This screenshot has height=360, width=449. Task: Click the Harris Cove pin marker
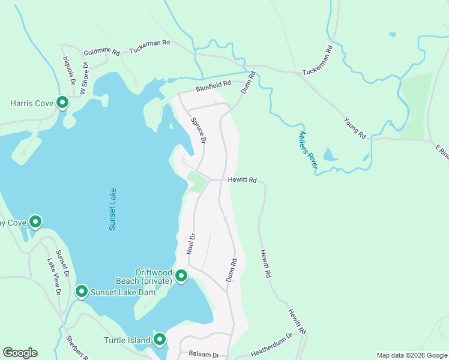(62, 103)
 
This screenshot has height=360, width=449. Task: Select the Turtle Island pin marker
(160, 340)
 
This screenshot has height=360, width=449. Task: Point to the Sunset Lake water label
(112, 209)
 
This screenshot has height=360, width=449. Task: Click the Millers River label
(307, 150)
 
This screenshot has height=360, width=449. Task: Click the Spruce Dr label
(199, 130)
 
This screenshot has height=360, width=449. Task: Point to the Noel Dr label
(190, 244)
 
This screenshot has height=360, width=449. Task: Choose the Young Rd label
(355, 127)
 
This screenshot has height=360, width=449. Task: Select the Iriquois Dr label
(68, 70)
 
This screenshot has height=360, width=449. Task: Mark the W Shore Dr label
(84, 79)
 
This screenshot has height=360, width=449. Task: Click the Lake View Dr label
(54, 277)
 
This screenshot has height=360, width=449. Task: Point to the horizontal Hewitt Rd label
(243, 179)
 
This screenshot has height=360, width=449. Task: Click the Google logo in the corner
(20, 353)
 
